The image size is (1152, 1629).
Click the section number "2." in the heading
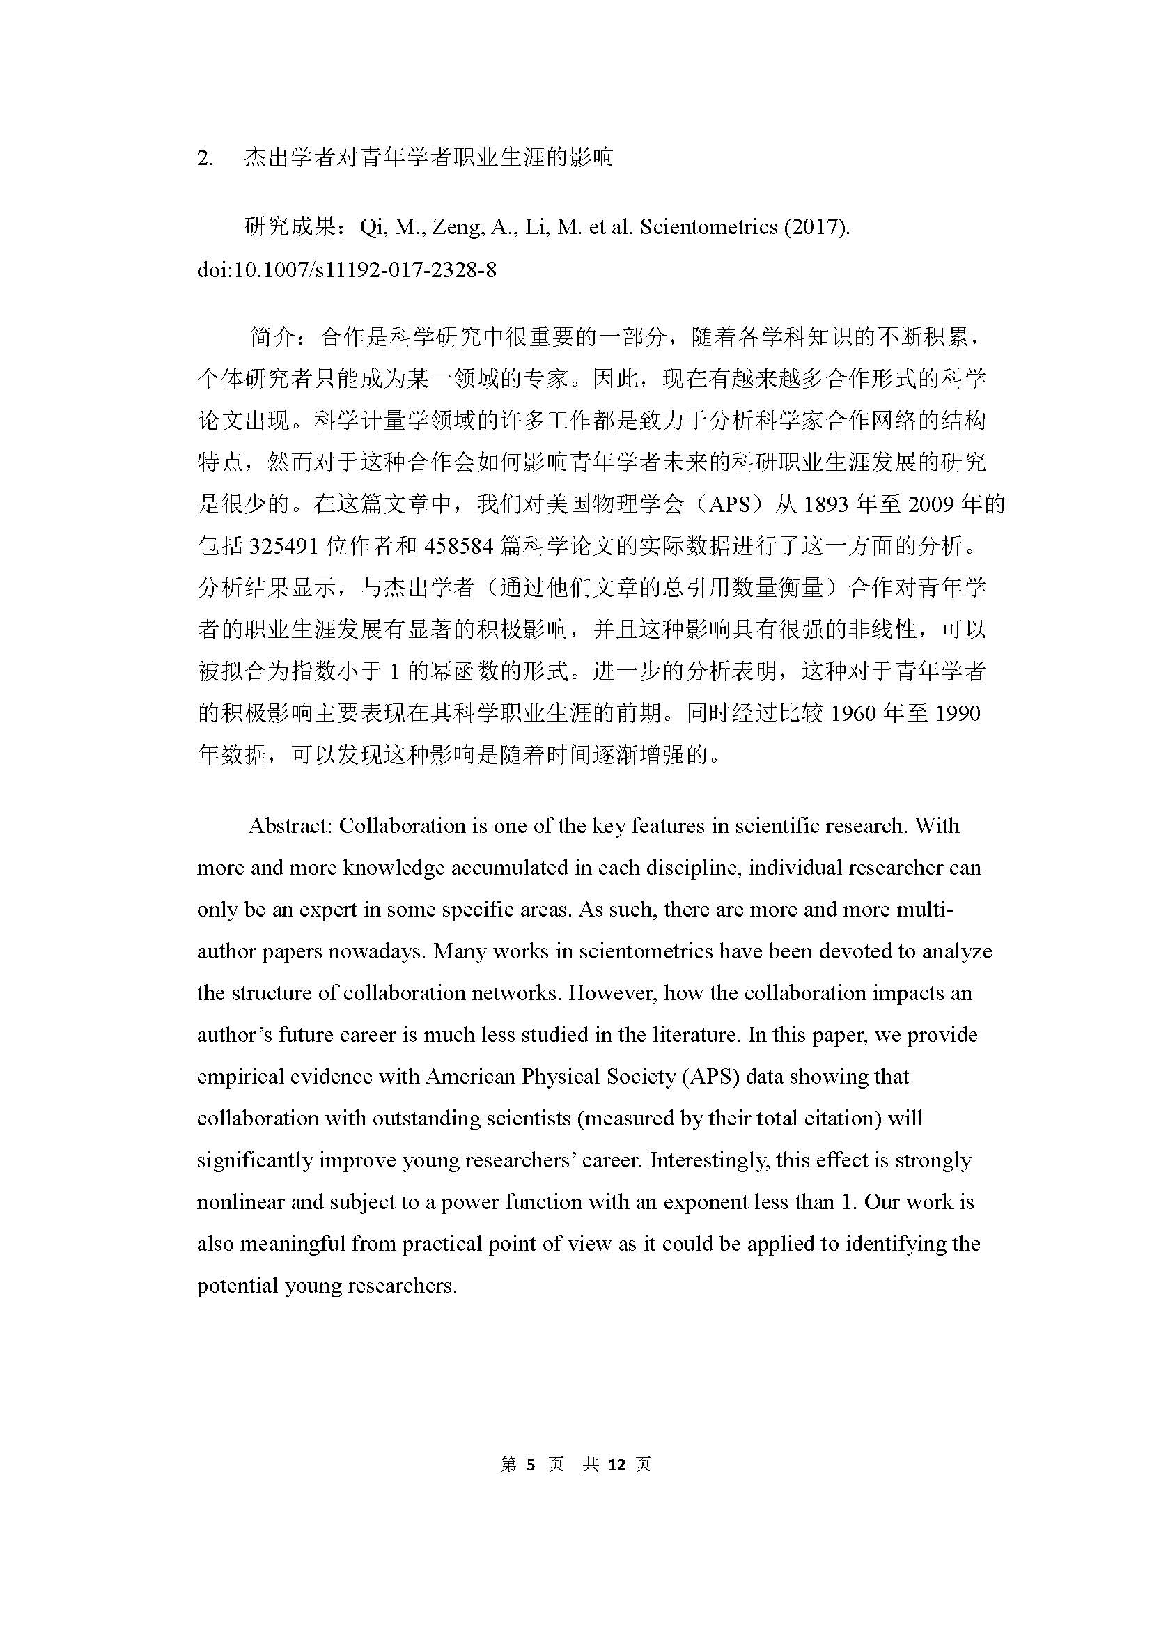[205, 159]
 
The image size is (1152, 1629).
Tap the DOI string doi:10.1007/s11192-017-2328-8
[346, 270]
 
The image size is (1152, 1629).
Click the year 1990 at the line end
[958, 712]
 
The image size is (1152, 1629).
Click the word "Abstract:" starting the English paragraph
[290, 826]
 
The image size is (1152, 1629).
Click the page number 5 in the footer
[531, 1465]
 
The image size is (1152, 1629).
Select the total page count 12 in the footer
[616, 1465]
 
